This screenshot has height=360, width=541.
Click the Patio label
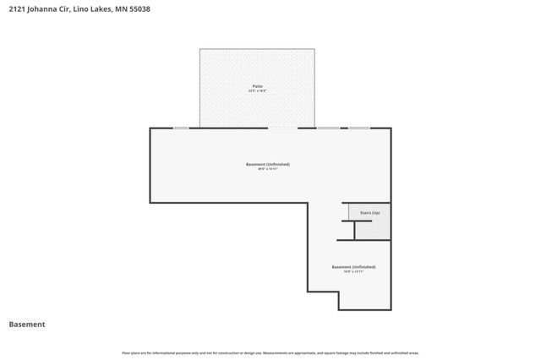pos(257,86)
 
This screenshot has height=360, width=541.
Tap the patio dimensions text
pos(257,91)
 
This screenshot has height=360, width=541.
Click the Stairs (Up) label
pos(369,212)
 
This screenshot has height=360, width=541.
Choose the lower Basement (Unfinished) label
pos(353,267)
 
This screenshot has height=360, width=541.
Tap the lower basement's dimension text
pos(353,272)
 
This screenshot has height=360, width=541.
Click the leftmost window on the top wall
pos(181,128)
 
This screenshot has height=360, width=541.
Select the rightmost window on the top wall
pos(359,128)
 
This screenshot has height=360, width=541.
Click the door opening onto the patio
pos(282,128)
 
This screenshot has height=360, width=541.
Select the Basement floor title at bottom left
pos(27,325)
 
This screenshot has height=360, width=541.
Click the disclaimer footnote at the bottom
pos(270,352)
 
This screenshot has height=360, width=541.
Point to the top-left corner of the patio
pos(200,49)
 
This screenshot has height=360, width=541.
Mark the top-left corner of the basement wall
pos(151,128)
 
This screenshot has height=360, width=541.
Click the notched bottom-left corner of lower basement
pos(309,292)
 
